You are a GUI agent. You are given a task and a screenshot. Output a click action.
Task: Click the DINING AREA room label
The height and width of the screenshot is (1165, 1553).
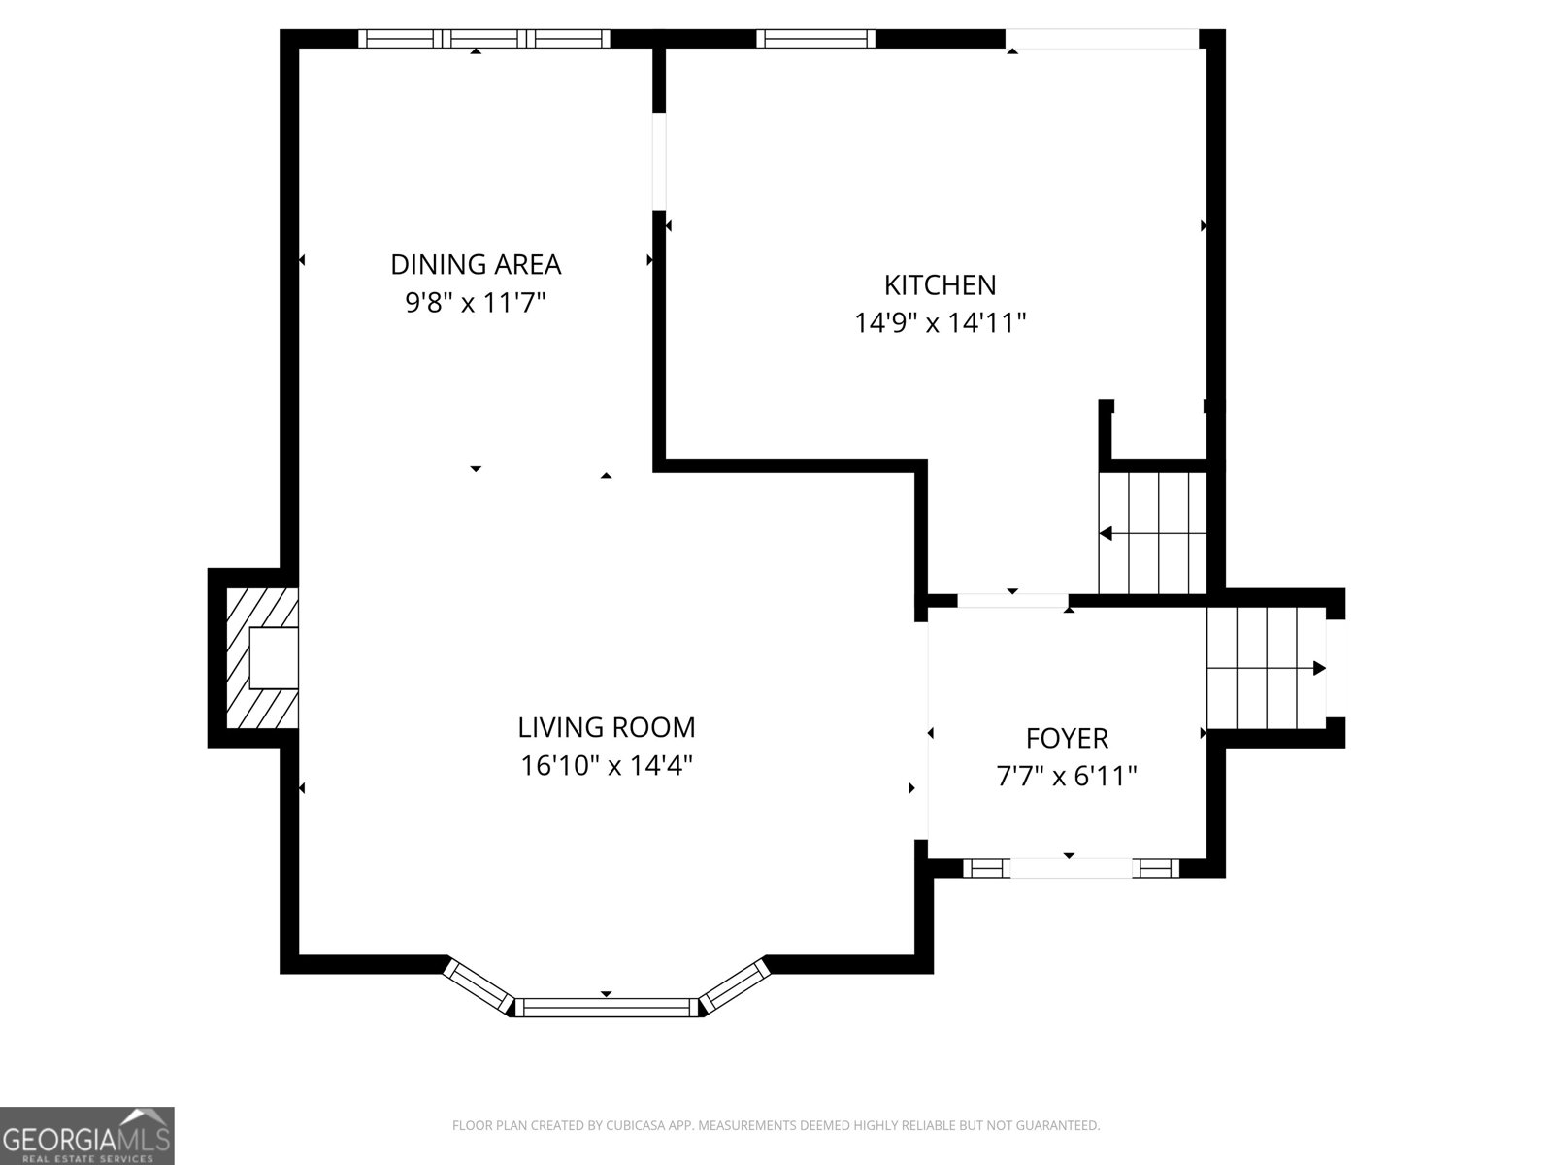(x=476, y=264)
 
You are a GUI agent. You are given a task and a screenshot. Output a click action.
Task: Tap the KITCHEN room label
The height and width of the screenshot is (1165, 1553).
(x=940, y=285)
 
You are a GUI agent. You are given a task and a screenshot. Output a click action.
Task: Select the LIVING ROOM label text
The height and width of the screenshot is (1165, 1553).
(x=607, y=727)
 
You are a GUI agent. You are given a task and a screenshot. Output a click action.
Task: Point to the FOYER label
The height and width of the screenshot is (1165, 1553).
(x=1066, y=739)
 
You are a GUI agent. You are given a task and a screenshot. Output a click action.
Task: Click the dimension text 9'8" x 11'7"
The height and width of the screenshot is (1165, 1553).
(x=476, y=303)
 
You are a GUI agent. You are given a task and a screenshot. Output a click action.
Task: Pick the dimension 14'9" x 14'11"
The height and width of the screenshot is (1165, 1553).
(x=940, y=323)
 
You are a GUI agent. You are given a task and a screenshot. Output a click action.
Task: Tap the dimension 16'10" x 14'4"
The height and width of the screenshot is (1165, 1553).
(x=607, y=765)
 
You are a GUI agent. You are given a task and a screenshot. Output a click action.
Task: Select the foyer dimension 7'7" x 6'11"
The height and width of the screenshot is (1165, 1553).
(x=1066, y=777)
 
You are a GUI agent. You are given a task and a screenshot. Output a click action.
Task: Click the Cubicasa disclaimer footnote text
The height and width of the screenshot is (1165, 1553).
(x=776, y=1124)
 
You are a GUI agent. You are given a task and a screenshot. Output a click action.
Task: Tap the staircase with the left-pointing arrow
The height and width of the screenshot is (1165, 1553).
(x=1152, y=533)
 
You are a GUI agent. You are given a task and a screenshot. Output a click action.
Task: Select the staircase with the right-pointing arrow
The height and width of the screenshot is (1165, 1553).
(x=1267, y=668)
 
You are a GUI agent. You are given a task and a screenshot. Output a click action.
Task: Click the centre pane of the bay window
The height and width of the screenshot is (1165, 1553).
(x=607, y=1008)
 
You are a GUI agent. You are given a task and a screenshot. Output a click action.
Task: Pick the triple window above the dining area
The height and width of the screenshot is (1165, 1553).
(x=484, y=38)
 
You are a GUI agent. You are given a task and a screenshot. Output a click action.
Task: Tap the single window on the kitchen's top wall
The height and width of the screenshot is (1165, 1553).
(x=815, y=38)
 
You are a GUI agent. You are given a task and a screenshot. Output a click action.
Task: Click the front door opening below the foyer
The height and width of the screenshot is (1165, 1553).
(x=1072, y=868)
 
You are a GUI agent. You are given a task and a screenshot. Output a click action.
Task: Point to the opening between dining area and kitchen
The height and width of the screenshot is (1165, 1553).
(x=659, y=161)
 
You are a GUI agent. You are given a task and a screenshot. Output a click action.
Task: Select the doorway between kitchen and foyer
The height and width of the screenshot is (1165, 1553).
(x=1012, y=601)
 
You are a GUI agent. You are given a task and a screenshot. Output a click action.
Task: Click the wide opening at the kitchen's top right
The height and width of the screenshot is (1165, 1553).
(x=1103, y=38)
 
